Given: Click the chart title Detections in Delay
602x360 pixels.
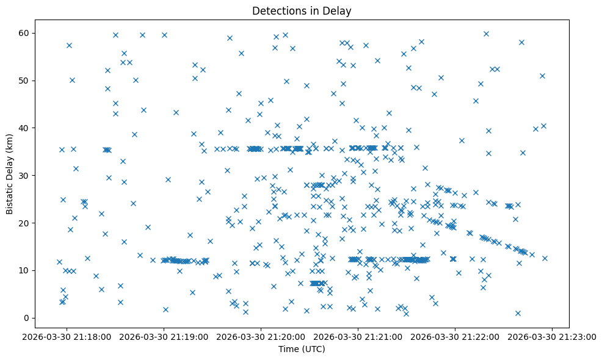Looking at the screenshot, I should click(302, 11).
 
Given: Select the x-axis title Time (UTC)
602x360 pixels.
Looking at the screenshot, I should click(302, 349).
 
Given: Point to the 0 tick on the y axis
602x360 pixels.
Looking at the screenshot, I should click(27, 318).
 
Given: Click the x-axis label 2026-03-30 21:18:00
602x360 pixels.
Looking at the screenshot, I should click(67, 336).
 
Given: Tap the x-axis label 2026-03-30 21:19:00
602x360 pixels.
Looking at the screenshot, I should click(164, 336).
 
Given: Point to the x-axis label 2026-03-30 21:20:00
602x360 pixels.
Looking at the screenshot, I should click(261, 336).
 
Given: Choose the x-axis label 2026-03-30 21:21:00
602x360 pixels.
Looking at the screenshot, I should click(358, 336).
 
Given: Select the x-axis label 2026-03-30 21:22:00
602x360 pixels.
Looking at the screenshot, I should click(455, 336).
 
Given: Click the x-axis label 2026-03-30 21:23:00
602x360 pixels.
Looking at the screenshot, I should click(553, 336).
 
